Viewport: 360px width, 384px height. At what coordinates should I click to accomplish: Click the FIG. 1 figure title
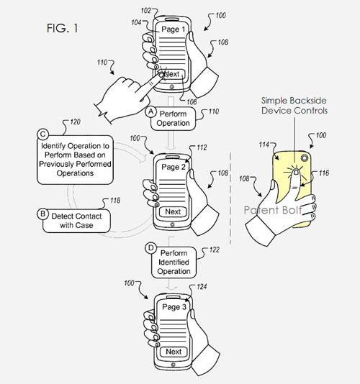click(x=63, y=28)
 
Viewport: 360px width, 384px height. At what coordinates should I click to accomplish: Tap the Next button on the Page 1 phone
click(x=172, y=74)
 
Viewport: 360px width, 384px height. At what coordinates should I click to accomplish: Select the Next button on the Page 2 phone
click(x=173, y=211)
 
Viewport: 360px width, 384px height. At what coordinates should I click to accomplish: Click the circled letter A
click(x=150, y=111)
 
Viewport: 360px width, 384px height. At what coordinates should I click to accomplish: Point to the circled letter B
click(x=42, y=214)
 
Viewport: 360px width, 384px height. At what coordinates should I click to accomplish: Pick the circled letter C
click(x=43, y=134)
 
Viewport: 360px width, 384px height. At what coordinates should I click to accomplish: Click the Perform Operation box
click(x=173, y=119)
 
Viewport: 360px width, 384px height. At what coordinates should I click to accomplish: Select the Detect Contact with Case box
click(x=76, y=221)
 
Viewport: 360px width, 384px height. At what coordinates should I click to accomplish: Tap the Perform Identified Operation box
click(x=174, y=262)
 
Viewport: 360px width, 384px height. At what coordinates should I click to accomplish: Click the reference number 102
click(x=146, y=11)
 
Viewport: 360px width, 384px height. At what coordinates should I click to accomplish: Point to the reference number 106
click(x=192, y=102)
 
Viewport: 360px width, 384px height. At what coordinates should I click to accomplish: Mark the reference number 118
click(x=115, y=201)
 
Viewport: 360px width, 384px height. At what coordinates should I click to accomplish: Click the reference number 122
click(x=214, y=250)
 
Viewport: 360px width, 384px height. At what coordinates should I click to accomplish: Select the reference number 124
click(x=202, y=286)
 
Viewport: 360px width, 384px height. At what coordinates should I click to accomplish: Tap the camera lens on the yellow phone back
click(x=305, y=158)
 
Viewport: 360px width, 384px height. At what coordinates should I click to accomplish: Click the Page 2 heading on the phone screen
click(x=174, y=168)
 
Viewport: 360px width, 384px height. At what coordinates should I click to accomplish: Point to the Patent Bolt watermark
click(x=273, y=210)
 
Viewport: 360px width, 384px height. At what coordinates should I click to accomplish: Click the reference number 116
click(x=324, y=173)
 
